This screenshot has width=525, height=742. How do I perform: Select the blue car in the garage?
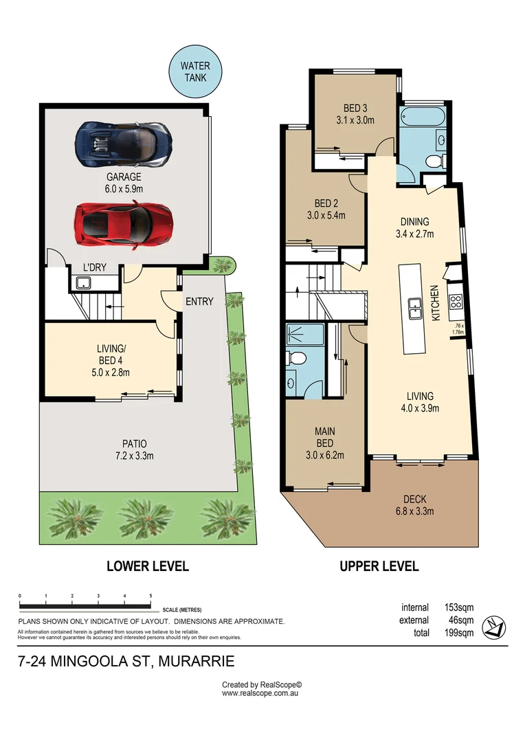(123, 143)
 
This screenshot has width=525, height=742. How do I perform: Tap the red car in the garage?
(122, 223)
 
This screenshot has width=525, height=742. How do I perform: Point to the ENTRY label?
(199, 301)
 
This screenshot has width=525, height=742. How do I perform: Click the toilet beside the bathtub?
(434, 161)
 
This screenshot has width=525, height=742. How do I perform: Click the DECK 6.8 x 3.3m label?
(419, 504)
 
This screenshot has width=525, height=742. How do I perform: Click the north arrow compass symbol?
(494, 626)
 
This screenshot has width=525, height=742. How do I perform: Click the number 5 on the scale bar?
(150, 596)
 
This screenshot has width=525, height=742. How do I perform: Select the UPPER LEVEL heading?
(379, 567)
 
